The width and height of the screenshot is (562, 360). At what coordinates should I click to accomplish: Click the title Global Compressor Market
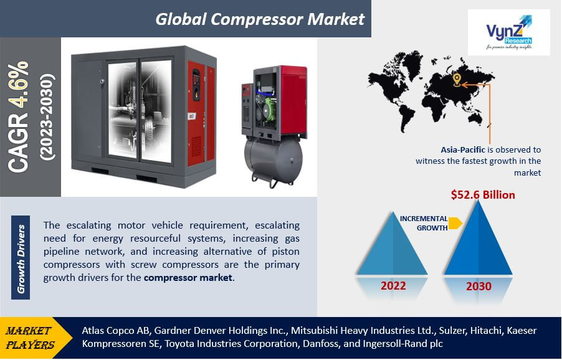(260, 19)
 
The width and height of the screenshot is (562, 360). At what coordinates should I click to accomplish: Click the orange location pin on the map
(457, 79)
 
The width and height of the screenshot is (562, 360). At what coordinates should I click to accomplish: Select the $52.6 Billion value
(483, 195)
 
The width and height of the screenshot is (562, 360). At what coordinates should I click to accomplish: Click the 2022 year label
(393, 286)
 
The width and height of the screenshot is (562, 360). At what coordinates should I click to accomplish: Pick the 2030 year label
(478, 287)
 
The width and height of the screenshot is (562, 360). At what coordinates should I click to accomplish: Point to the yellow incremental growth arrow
(455, 222)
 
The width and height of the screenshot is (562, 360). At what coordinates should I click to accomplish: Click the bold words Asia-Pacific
(464, 150)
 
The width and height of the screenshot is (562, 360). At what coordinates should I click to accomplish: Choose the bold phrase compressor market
(188, 278)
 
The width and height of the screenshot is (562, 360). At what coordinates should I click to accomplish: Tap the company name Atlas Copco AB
(116, 330)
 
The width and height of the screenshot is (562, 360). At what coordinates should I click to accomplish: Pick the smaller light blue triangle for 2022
(393, 246)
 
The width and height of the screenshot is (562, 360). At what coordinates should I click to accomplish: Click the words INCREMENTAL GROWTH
(424, 223)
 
